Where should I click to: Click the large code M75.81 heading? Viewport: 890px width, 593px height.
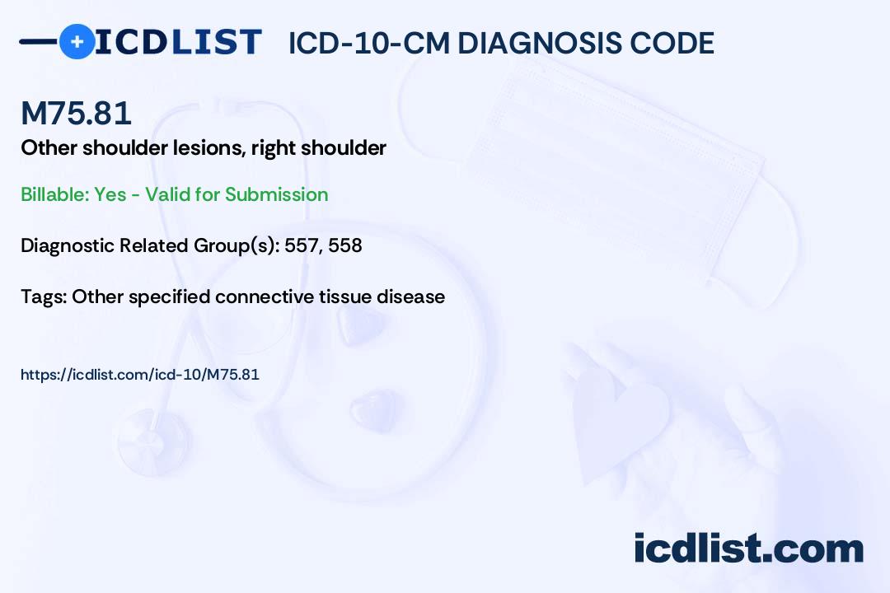[x=76, y=114]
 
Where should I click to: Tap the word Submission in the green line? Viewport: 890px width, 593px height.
[x=276, y=194]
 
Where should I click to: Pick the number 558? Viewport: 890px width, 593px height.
[x=345, y=245]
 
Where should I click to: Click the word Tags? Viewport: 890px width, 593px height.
[x=42, y=296]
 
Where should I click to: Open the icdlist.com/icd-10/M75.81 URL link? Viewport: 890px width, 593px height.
[x=140, y=375]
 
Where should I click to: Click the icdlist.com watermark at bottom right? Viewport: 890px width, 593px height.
[x=748, y=549]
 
